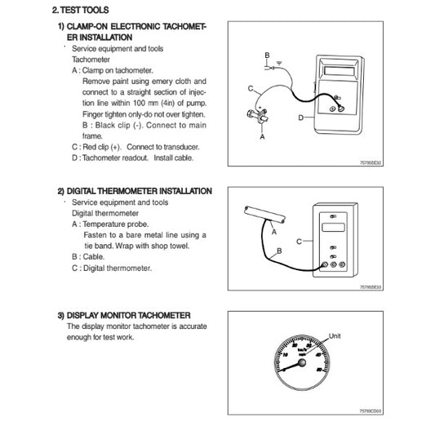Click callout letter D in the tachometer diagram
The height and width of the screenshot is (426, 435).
tap(301, 118)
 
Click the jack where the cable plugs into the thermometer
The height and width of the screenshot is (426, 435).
tap(325, 264)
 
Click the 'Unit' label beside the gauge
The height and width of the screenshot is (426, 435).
tap(334, 335)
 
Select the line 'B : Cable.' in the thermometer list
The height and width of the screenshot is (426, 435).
tap(89, 255)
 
